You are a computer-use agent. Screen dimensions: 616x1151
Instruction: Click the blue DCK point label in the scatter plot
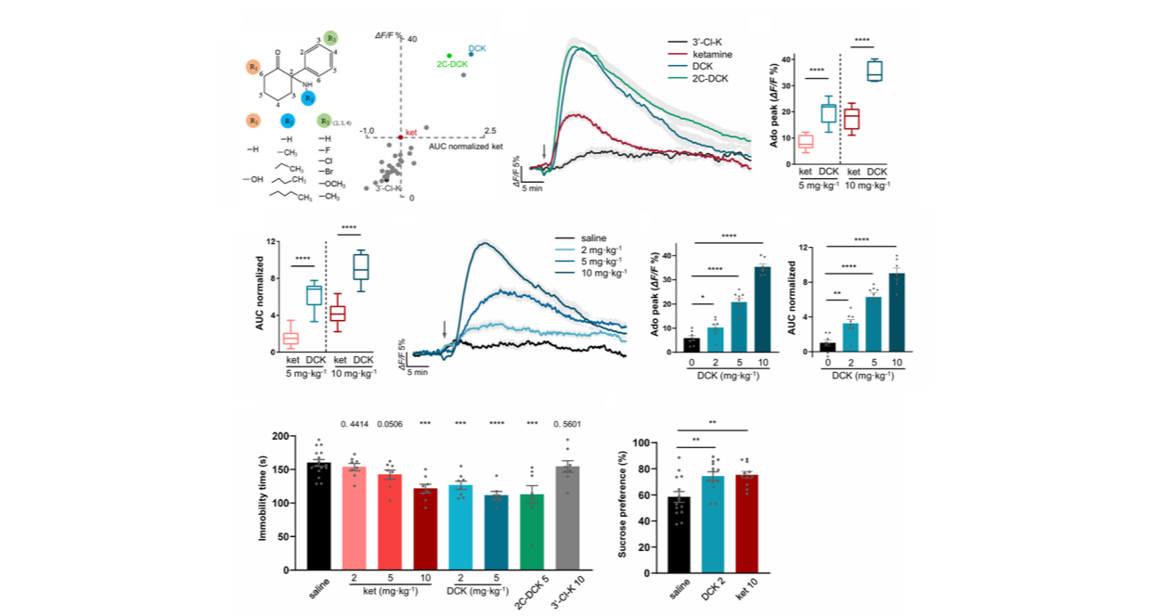pos(477,47)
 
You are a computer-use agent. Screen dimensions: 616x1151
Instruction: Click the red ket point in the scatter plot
pos(400,136)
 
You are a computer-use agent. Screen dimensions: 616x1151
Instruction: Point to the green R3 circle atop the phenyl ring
pos(344,36)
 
